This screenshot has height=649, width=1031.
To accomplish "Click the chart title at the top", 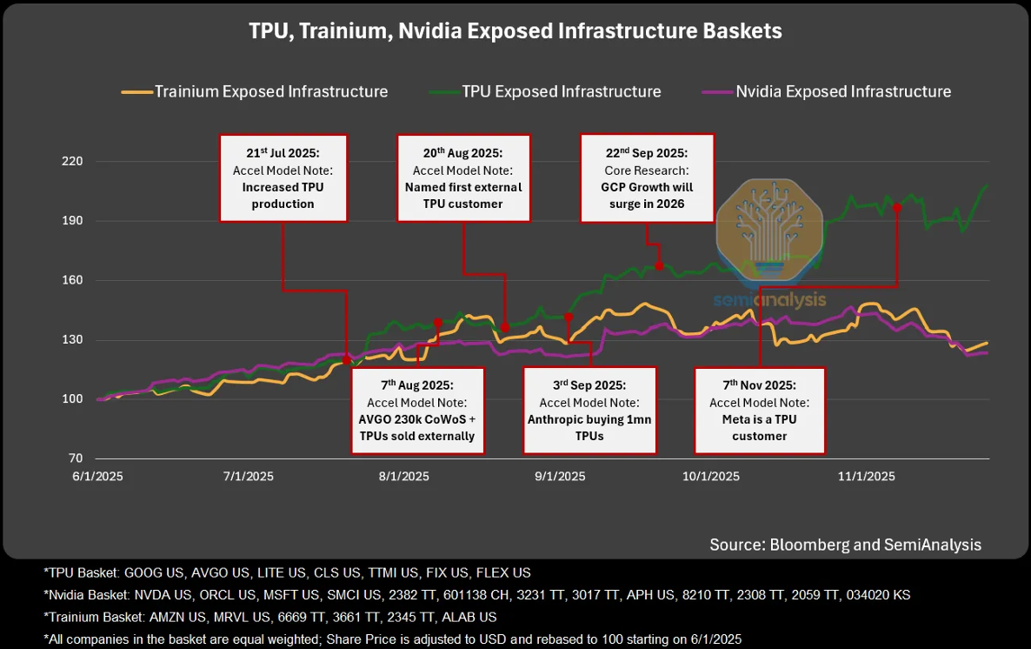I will pos(515,31).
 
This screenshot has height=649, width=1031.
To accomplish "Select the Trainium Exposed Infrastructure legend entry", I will pos(270,91).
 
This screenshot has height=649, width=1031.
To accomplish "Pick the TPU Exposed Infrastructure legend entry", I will pos(561,91).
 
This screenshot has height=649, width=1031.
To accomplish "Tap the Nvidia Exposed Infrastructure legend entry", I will pos(842,91).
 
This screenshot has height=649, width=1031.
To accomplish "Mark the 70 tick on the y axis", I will pos(75,458).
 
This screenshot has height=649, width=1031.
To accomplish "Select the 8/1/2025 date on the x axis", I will pos(403,476).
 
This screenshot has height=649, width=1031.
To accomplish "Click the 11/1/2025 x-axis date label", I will pos(866,476).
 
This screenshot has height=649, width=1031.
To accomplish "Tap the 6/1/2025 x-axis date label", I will pos(96,476).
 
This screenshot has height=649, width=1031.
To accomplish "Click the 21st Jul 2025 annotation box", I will pos(283,177).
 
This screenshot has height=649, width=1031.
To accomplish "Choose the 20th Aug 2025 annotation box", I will pos(463,177).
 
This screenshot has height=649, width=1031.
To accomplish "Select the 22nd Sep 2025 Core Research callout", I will pos(647,177).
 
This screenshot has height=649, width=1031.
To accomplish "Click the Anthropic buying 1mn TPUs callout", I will pos(589,410).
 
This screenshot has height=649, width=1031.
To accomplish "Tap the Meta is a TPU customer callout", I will pos(759,410).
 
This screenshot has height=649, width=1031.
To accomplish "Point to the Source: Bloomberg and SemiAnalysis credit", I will pos(845,545).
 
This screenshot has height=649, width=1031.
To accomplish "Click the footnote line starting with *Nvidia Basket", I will pos(476,595).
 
